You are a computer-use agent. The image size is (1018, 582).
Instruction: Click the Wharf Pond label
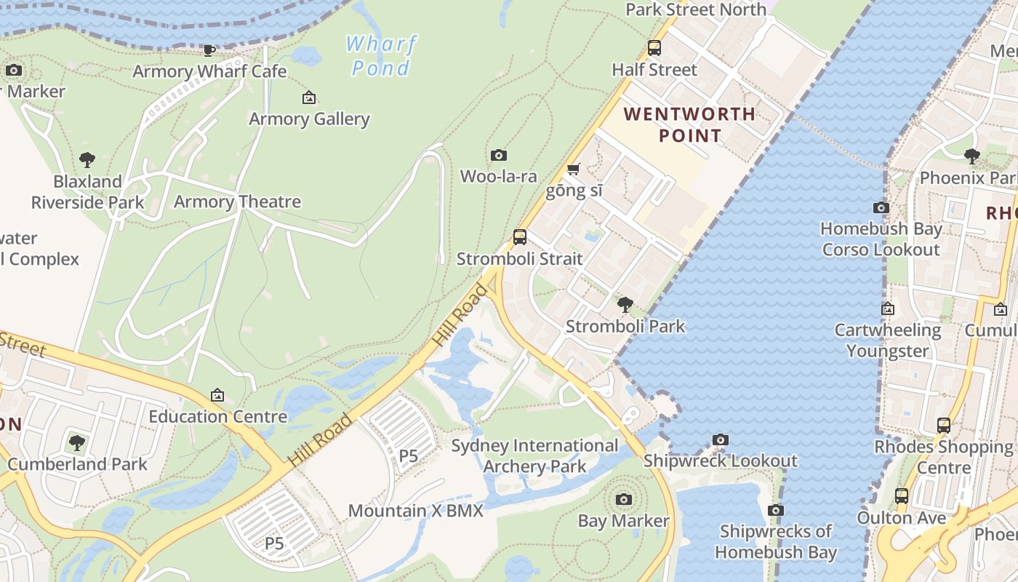click(381, 56)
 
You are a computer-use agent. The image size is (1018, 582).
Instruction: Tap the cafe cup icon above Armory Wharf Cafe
click(209, 50)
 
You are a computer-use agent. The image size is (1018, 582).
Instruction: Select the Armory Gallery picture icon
click(309, 97)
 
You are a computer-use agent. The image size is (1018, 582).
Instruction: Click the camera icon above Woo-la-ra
click(498, 155)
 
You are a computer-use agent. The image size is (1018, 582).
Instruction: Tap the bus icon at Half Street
click(654, 48)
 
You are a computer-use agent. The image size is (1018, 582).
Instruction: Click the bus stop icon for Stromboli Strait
click(520, 236)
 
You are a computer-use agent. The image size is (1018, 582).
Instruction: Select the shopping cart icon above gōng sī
click(573, 170)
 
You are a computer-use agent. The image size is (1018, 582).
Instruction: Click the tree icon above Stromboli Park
click(625, 304)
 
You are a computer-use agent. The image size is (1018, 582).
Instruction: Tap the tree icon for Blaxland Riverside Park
click(87, 159)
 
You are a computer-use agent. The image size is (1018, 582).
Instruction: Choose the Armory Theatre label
click(237, 202)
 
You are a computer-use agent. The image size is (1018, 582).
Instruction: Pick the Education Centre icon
click(217, 395)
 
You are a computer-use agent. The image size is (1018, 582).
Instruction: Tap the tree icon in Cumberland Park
click(77, 442)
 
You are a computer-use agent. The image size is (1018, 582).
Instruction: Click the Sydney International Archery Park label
click(535, 455)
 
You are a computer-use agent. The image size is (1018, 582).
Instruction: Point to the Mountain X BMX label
click(415, 511)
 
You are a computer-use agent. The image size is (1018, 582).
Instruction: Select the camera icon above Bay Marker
click(623, 499)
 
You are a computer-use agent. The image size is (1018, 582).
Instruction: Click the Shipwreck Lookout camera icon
click(721, 439)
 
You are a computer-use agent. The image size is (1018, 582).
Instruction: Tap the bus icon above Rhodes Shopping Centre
click(944, 426)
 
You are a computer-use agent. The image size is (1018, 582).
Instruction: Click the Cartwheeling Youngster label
click(888, 340)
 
